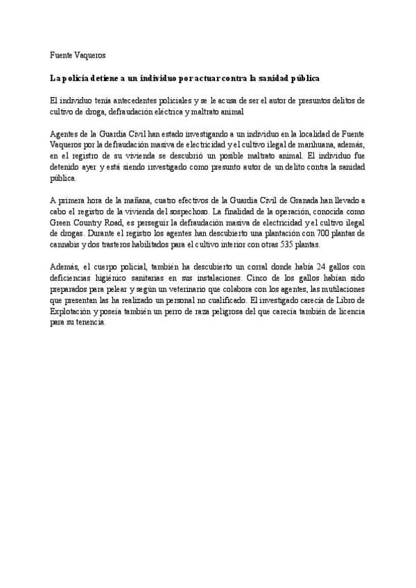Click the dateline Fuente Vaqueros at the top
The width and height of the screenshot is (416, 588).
coord(78,55)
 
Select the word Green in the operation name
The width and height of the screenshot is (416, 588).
coord(63,223)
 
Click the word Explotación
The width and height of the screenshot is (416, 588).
coord(72,312)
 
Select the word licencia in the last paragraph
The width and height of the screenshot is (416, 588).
coord(347,312)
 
